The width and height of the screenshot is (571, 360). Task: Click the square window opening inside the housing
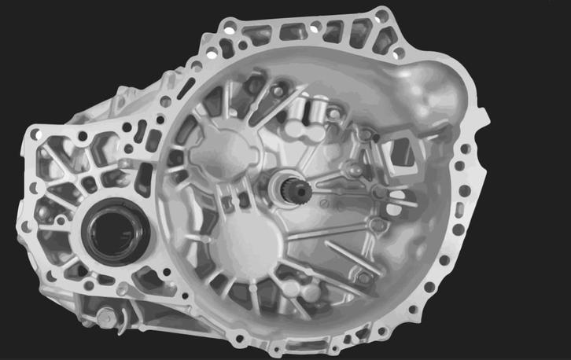pyautogui.click(x=403, y=152)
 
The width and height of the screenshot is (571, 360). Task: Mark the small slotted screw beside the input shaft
pyautogui.click(x=322, y=204)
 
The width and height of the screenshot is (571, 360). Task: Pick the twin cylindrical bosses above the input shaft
pyautogui.click(x=313, y=110)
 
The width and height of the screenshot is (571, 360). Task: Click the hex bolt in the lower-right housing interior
pyautogui.click(x=363, y=277)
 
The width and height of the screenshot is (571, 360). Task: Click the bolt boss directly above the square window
pyautogui.click(x=367, y=134)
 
